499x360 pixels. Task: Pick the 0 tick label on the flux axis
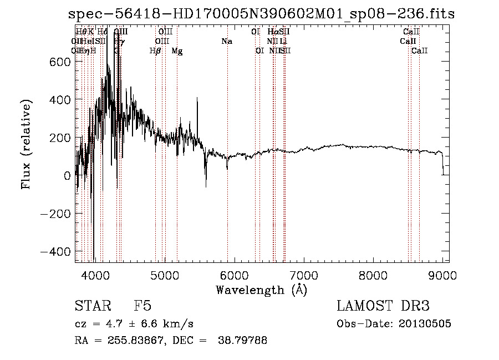(x=67, y=176)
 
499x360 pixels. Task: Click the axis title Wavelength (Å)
(x=261, y=289)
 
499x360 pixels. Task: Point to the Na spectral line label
(x=226, y=41)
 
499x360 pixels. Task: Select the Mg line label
(x=177, y=51)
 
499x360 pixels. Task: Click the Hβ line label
(x=155, y=51)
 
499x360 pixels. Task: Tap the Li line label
(x=283, y=41)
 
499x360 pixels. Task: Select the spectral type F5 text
(x=142, y=306)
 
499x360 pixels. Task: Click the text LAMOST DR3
(x=383, y=306)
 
